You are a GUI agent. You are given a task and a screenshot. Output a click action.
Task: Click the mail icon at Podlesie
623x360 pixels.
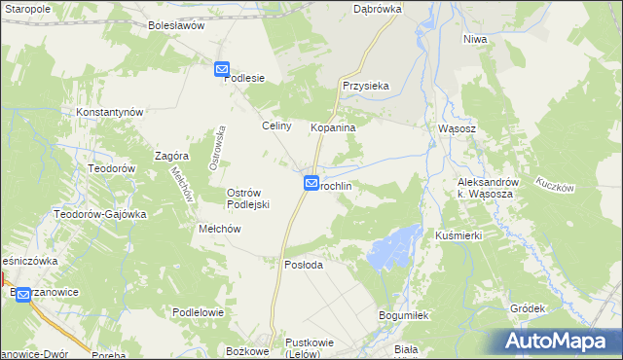pyautogui.click(x=221, y=70)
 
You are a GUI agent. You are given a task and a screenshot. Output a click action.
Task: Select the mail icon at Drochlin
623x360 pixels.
pyautogui.click(x=311, y=182)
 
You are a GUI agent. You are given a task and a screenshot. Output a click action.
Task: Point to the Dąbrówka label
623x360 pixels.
pyautogui.click(x=375, y=8)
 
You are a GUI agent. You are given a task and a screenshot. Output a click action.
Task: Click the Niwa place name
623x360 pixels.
pyautogui.click(x=474, y=39)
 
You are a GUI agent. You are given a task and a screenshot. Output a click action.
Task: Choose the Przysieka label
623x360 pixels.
pyautogui.click(x=366, y=86)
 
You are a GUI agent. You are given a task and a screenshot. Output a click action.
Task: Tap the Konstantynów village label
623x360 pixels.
pyautogui.click(x=110, y=112)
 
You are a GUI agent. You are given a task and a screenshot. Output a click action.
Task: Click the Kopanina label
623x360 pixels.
pyautogui.click(x=333, y=127)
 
